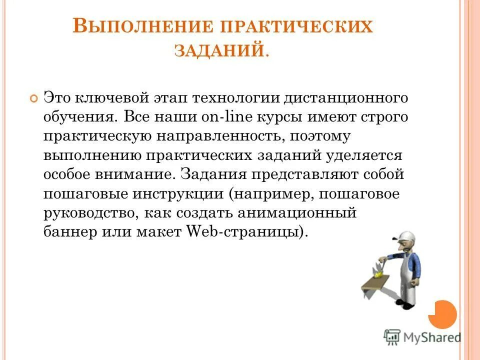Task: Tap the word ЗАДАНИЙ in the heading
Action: (x=218, y=50)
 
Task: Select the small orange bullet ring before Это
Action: (x=33, y=98)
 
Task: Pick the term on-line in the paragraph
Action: (x=223, y=116)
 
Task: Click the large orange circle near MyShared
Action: (x=443, y=313)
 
